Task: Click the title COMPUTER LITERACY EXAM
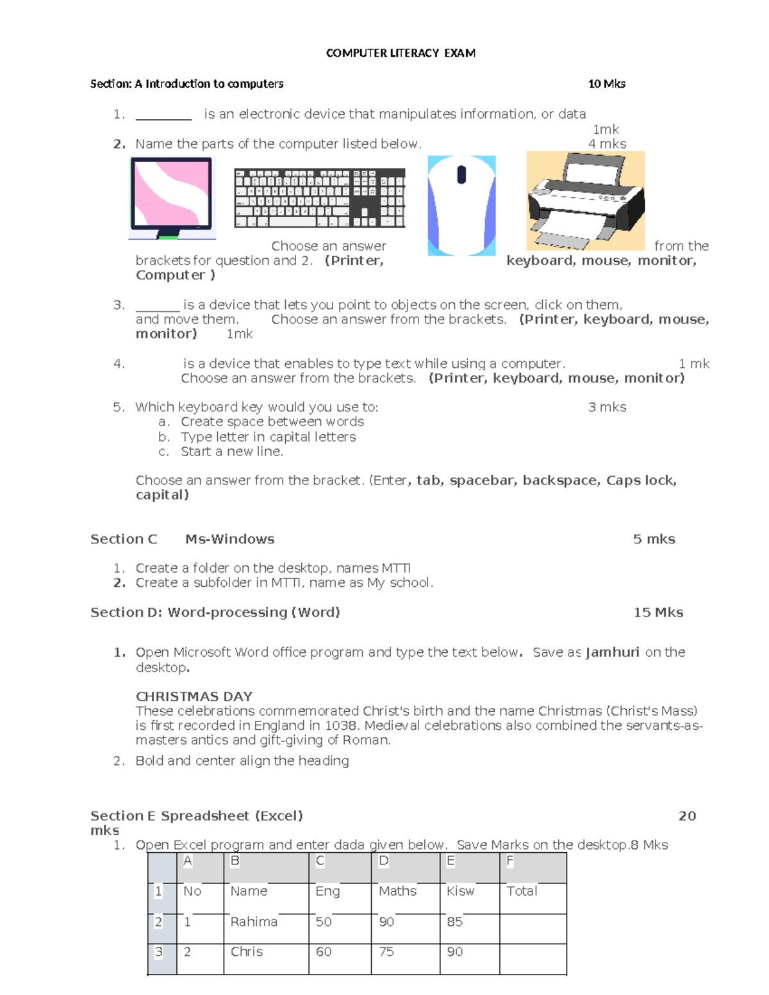click(401, 53)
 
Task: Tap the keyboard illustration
click(319, 198)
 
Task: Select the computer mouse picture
click(461, 205)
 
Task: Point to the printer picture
click(585, 201)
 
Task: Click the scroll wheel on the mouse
click(461, 174)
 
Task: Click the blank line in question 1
click(163, 115)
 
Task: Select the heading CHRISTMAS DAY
click(194, 696)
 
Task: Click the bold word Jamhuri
click(612, 652)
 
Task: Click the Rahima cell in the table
click(254, 922)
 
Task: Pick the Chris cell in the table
click(247, 952)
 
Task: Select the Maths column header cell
click(397, 891)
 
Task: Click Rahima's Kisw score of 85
click(454, 922)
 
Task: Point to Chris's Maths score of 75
click(386, 952)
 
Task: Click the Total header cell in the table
click(522, 891)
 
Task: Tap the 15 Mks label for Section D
click(658, 613)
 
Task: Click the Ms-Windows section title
click(229, 539)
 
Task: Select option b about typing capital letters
click(268, 437)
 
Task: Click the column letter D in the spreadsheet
click(383, 861)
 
